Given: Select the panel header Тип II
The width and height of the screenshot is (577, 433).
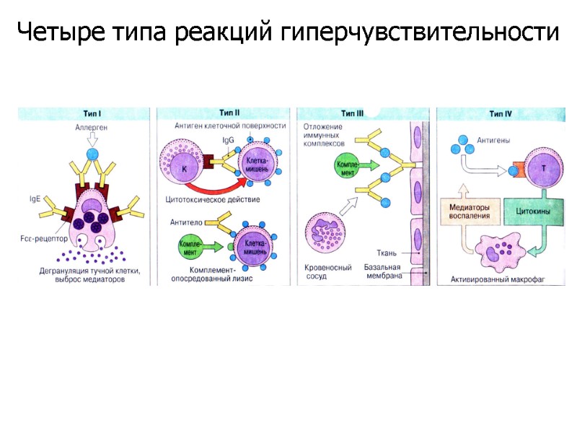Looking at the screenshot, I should point(229,113).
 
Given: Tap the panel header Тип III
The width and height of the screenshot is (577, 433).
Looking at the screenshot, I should point(353,113).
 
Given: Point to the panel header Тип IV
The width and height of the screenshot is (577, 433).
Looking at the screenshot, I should point(501,113).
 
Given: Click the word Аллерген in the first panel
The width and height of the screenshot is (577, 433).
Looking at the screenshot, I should point(91,127).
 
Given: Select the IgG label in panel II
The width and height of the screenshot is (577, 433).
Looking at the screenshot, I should point(227,140).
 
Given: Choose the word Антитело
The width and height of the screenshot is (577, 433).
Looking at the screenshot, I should point(186,222).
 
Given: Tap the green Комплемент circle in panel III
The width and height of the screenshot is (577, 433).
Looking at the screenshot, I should point(344,167).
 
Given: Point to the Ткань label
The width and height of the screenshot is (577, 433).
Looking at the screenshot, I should point(389,253).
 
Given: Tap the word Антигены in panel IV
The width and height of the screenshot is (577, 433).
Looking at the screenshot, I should point(494,141).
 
